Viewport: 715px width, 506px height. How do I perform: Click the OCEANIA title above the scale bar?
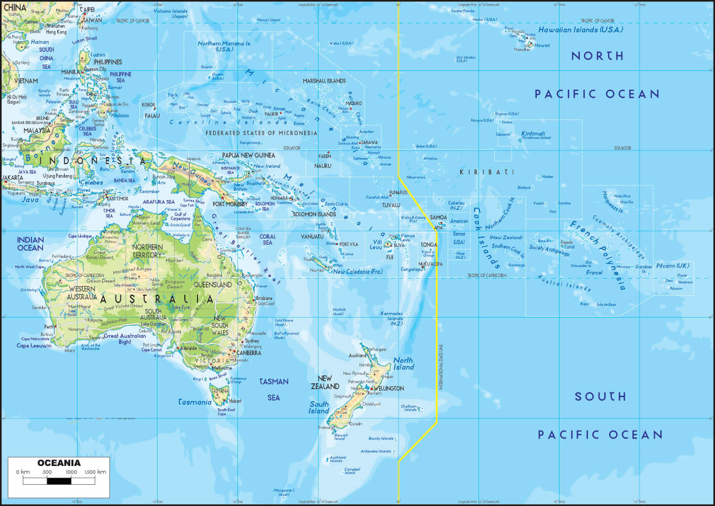pos(59,463)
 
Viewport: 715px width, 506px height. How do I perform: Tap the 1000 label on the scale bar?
pos(71,472)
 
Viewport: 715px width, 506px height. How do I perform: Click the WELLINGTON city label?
pos(389,388)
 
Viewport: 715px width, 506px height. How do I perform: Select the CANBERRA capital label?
pos(249,353)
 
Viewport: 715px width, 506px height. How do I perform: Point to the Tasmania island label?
pos(195,402)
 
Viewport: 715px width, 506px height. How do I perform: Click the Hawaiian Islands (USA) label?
pos(580,30)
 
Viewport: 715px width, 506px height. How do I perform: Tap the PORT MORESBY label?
pos(230,204)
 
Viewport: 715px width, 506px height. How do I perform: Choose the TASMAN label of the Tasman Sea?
pos(274,382)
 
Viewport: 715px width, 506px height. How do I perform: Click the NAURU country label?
pos(323,166)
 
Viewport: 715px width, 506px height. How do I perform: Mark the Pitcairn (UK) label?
pos(672,265)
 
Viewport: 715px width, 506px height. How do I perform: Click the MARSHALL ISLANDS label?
pos(324,81)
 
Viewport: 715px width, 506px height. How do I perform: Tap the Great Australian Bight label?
pos(125,339)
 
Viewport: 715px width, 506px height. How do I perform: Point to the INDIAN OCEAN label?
pos(30,244)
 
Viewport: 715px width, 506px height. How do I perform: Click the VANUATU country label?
pos(312,237)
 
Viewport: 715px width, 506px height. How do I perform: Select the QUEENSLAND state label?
pos(213,285)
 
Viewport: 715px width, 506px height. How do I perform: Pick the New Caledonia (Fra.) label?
pos(357,272)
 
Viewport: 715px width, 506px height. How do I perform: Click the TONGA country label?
pos(429,245)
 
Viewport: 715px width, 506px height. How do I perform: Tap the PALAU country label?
pos(152,116)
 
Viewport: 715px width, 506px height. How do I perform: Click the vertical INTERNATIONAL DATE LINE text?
pos(441,367)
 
